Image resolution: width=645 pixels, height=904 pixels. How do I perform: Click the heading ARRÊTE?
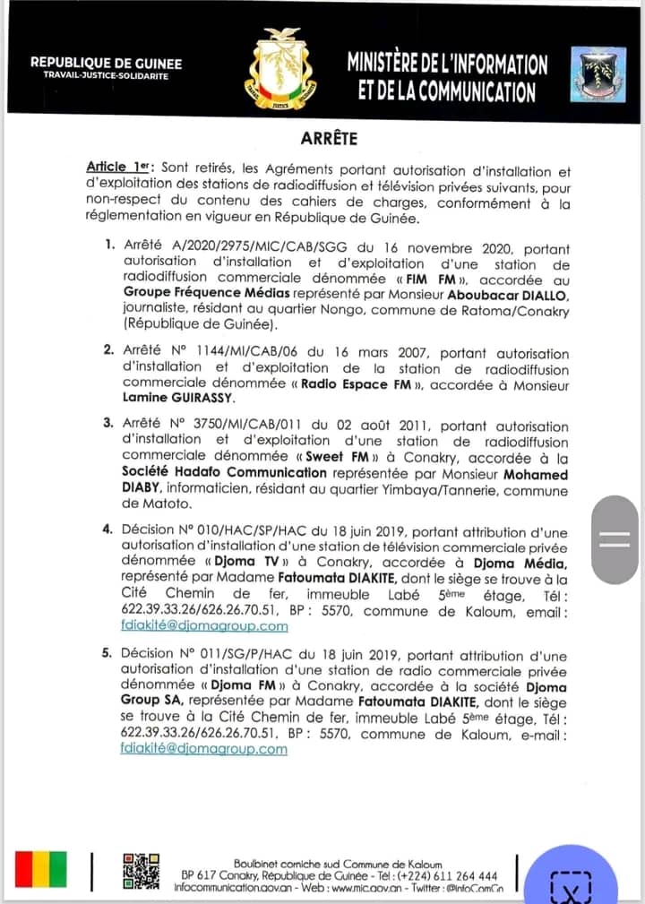coord(329,138)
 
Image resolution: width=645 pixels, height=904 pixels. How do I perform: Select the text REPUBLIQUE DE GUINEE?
coord(106,63)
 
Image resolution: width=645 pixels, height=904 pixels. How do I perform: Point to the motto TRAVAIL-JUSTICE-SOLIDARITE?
coord(106,75)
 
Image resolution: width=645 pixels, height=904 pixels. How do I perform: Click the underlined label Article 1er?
coord(119,168)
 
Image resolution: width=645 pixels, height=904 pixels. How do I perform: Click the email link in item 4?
coord(204,625)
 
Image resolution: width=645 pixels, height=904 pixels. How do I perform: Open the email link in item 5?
coord(204,749)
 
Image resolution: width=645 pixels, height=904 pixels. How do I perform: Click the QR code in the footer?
coord(142,870)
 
